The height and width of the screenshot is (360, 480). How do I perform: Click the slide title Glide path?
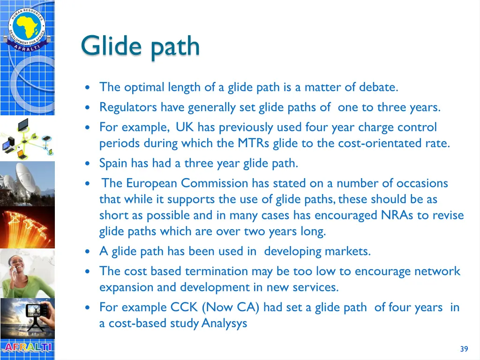[x=140, y=46]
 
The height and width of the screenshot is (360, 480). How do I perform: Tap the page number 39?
[x=464, y=349]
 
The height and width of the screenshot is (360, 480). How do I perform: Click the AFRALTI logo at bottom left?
[x=27, y=348]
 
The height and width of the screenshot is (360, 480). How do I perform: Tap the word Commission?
[x=215, y=183]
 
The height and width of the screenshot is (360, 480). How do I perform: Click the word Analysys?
[x=224, y=323]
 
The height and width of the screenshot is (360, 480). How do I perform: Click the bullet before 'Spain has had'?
[x=87, y=164]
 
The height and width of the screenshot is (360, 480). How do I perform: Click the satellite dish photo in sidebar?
[x=27, y=183]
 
